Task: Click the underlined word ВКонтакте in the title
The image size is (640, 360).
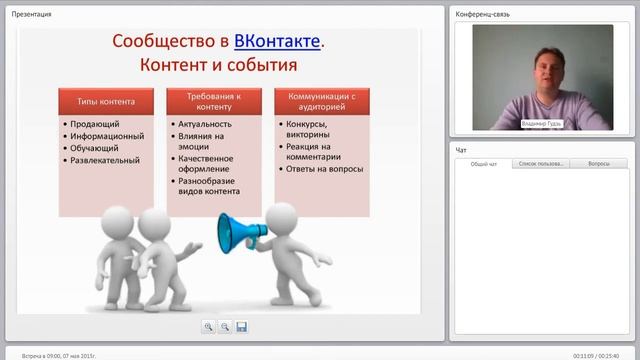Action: coord(279,41)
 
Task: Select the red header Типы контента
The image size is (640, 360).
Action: coord(106,101)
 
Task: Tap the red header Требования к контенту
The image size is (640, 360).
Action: coord(214,101)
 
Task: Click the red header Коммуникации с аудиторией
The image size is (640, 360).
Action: coord(322,101)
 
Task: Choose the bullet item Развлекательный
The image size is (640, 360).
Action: coord(105,159)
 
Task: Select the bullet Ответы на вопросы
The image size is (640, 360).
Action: coord(324,169)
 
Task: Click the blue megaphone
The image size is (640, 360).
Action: coord(237,231)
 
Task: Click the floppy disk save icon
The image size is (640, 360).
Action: coord(241,326)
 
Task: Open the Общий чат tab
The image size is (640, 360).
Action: coord(484,163)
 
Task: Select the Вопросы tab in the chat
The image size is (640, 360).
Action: coord(599,163)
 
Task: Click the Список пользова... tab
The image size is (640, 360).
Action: coord(541,163)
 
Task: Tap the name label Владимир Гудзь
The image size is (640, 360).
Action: coord(541,124)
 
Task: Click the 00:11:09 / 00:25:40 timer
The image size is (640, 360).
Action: coord(595,355)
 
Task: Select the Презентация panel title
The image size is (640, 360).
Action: coord(32,14)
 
